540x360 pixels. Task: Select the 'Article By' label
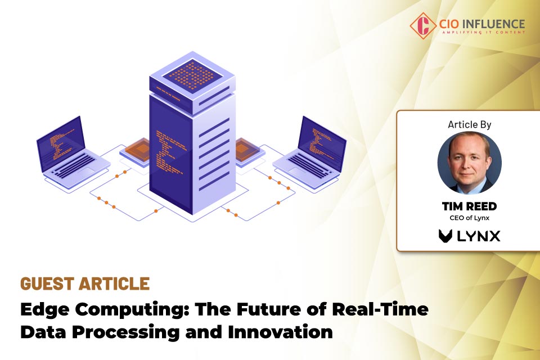469,124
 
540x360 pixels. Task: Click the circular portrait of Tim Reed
469,163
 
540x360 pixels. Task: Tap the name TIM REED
469,206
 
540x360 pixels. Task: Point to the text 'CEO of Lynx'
469,218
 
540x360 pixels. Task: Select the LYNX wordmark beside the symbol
478,236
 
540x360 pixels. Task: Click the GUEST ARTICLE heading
85,283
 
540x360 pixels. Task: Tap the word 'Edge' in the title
44,309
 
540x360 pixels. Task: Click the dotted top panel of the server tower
192,75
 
